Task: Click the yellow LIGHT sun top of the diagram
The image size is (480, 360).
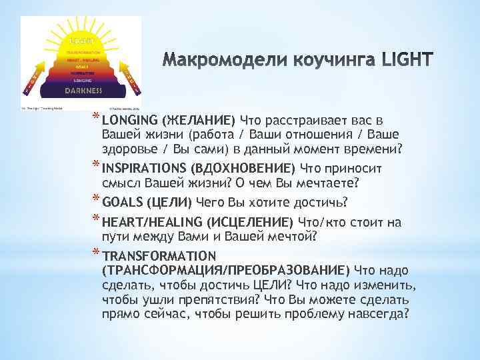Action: pyautogui.click(x=83, y=40)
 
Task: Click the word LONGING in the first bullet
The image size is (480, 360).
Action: pyautogui.click(x=129, y=120)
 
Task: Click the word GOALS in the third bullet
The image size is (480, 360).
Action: pyautogui.click(x=122, y=202)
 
